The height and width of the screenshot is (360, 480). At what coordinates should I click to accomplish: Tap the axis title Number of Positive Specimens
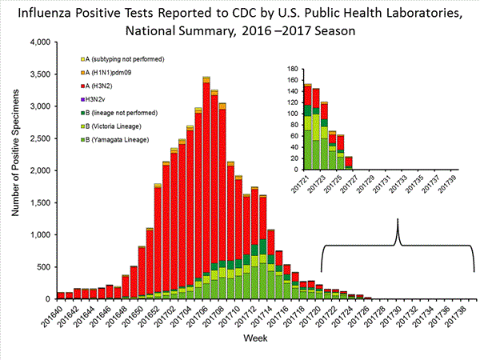pyautogui.click(x=15, y=170)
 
